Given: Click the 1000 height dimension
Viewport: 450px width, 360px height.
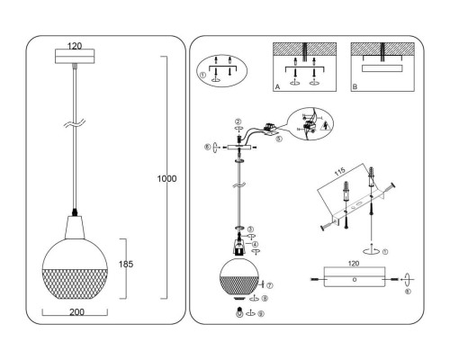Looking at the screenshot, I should point(166,178).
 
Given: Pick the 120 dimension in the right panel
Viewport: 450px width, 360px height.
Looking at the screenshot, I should point(354,267).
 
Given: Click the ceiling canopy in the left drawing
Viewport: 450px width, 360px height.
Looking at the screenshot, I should point(76,56).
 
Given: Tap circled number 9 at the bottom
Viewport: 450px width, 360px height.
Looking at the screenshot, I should point(261,314).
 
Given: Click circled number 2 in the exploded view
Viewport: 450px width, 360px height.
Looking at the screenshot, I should point(237,122).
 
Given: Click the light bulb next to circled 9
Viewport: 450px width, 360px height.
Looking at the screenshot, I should point(238,313).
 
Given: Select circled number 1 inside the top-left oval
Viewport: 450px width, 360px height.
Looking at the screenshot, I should point(204,76).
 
